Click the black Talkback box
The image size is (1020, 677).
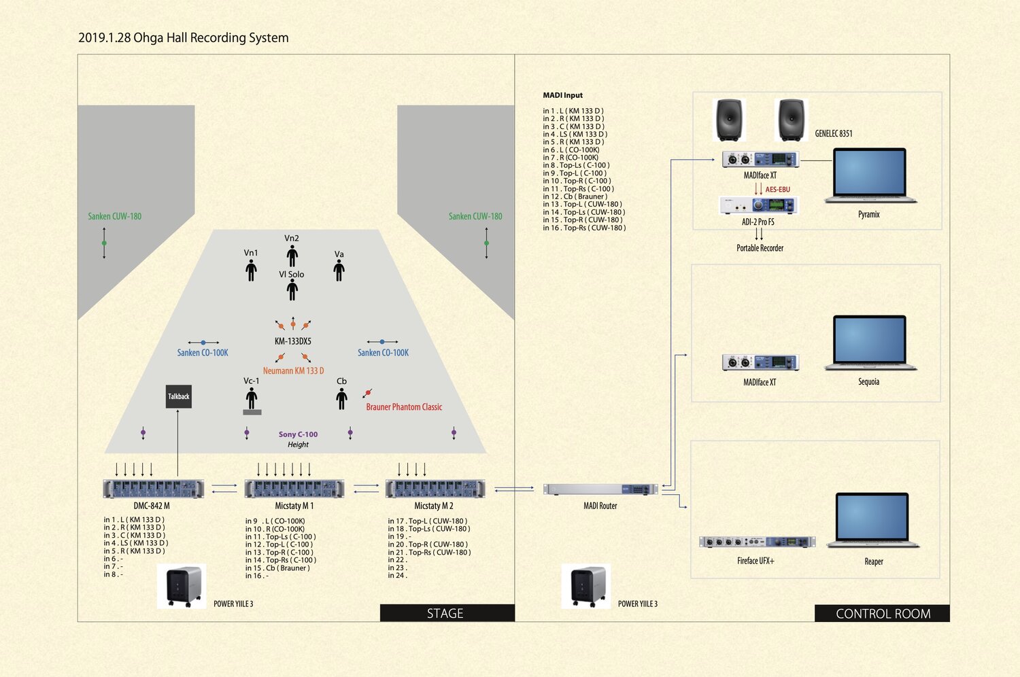click(x=179, y=396)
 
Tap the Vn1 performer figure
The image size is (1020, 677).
click(x=251, y=270)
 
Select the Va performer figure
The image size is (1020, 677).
click(x=339, y=270)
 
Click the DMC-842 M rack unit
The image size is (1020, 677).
click(x=153, y=489)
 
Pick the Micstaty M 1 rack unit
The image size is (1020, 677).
click(x=294, y=489)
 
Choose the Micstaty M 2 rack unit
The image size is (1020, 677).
click(x=435, y=489)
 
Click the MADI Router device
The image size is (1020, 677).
click(x=600, y=489)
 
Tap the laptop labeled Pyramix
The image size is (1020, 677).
click(x=870, y=175)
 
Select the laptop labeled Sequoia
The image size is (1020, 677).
click(x=870, y=343)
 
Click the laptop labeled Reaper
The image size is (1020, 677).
click(x=873, y=521)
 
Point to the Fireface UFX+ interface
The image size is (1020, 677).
click(x=757, y=542)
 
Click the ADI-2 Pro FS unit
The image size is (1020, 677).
click(x=758, y=205)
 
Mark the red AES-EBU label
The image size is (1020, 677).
click(x=777, y=190)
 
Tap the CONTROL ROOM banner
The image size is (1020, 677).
click(x=882, y=613)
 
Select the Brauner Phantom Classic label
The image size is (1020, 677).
click(x=404, y=407)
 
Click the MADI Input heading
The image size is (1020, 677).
click(x=562, y=95)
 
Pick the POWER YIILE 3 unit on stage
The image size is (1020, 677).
click(x=182, y=586)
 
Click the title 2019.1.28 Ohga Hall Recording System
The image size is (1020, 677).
click(x=184, y=38)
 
